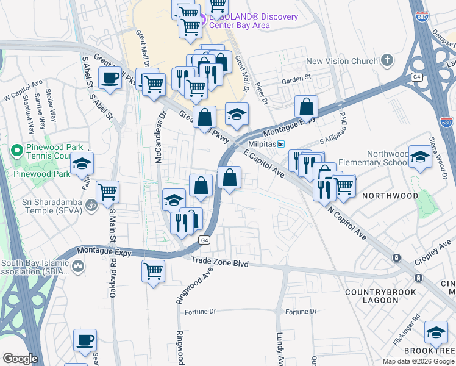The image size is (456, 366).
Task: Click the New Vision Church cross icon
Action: coord(386,60)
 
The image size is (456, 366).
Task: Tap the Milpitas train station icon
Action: coord(281,145)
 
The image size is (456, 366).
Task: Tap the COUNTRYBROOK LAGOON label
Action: coord(380,298)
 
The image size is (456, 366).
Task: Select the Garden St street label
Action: coord(296,77)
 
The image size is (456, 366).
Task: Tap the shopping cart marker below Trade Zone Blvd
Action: coord(153,270)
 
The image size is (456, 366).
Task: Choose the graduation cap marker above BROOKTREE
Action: coord(435,332)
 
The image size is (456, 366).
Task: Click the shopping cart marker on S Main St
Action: coord(108,192)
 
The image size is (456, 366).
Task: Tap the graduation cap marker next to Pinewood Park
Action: coord(82,163)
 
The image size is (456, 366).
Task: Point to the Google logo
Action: coord(20,359)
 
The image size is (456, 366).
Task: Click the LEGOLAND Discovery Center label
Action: coord(253,17)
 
